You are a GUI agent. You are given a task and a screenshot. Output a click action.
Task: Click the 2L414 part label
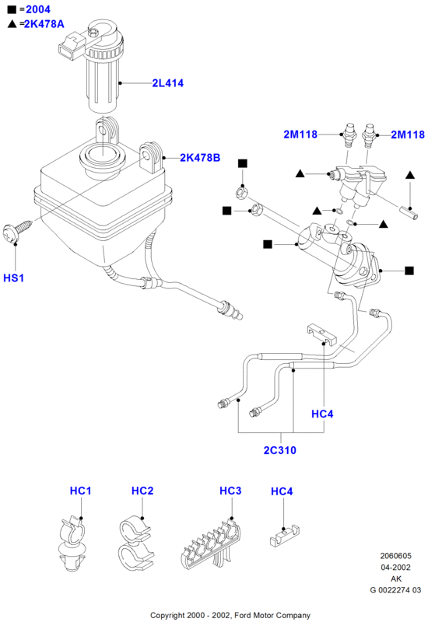(168, 83)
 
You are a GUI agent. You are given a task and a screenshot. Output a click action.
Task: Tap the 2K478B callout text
(200, 158)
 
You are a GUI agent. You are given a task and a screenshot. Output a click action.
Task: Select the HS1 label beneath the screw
(14, 278)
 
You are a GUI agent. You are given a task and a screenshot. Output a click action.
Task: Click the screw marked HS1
(17, 229)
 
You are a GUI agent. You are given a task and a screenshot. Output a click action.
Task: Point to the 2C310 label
(280, 450)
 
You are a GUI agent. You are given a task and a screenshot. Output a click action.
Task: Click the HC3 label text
(230, 491)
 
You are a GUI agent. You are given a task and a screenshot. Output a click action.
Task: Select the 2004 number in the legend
(38, 9)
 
